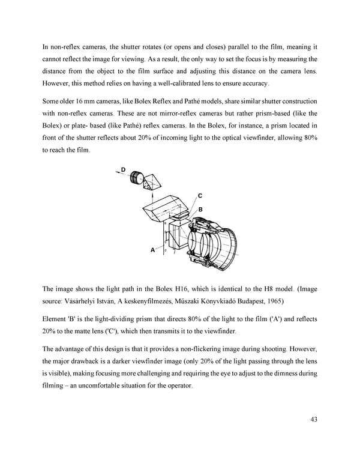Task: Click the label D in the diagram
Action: coord(123,170)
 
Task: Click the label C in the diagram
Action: coord(200,196)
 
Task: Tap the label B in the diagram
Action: coord(201,209)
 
